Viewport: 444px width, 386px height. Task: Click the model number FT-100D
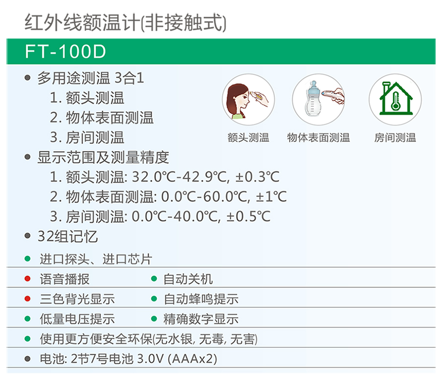(66, 51)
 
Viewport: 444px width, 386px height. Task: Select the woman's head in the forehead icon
(238, 100)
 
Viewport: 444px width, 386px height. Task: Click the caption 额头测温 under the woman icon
(248, 137)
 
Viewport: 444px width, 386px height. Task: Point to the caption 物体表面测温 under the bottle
(318, 137)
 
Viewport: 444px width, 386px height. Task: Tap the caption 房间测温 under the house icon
(395, 137)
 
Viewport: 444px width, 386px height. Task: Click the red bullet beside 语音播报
(27, 279)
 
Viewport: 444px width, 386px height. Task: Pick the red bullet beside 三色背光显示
(27, 298)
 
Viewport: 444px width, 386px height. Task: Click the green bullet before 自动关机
(154, 279)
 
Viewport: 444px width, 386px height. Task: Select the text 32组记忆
(67, 236)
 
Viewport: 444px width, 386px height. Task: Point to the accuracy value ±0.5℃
(248, 216)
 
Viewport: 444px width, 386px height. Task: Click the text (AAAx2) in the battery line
(193, 359)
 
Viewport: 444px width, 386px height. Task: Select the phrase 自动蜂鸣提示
(201, 299)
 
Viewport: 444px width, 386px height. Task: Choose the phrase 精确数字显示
(201, 319)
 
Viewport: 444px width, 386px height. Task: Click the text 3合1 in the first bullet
(130, 78)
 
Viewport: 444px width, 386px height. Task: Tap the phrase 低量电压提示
(77, 319)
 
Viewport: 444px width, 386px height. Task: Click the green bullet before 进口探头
(27, 258)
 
